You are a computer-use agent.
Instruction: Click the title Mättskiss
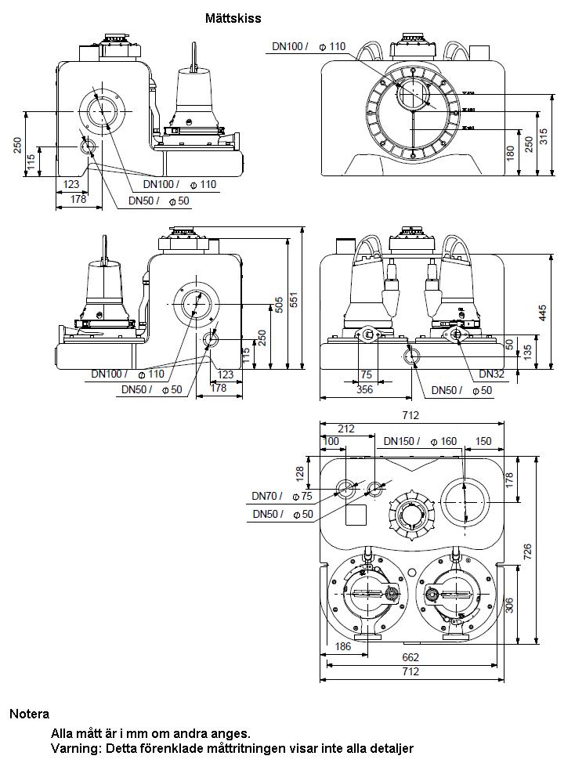233,17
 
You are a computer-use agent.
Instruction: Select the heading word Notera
29,714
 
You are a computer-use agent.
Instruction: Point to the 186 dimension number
342,647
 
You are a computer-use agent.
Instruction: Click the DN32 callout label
491,374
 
